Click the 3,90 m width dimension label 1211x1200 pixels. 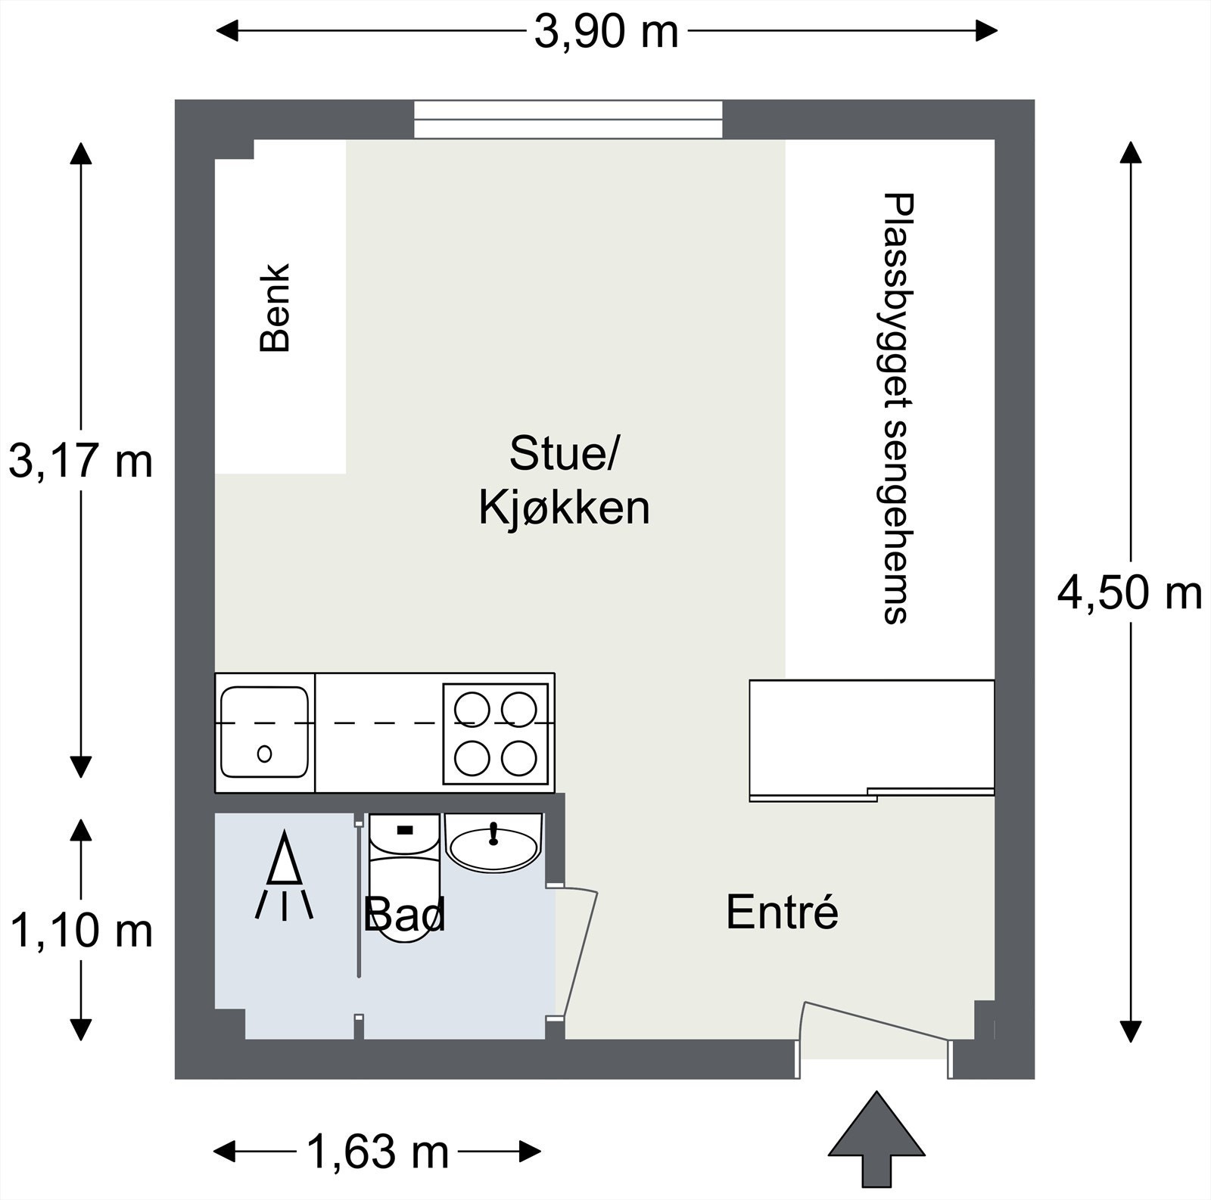pos(606,32)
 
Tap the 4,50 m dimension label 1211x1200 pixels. pos(1129,592)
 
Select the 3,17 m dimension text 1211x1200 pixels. pos(80,462)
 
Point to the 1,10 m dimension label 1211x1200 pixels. pos(81,930)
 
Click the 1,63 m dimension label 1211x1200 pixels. pos(378,1152)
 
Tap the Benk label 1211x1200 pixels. pos(275,307)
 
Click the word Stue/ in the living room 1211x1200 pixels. pos(564,453)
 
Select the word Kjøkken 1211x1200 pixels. pos(564,508)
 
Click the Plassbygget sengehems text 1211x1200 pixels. pos(898,409)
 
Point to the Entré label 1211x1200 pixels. pos(782,912)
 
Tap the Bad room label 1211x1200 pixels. pos(404,915)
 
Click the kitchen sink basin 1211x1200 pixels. pos(264,732)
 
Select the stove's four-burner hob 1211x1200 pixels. pos(496,732)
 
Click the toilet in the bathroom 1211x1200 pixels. pos(404,878)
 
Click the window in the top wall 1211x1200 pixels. pos(568,120)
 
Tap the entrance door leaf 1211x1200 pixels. pos(876,1021)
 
